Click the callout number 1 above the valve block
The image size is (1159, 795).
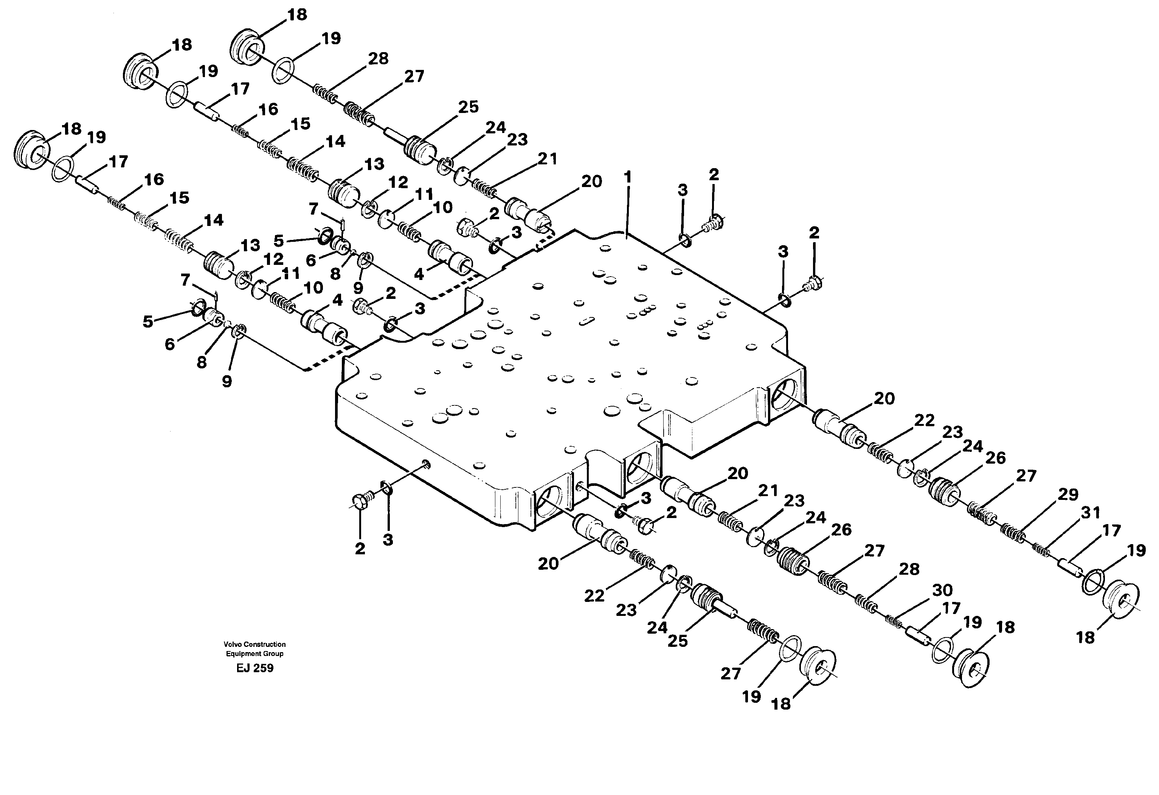tap(627, 177)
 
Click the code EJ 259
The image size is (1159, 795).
tap(255, 668)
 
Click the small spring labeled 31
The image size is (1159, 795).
tap(1041, 549)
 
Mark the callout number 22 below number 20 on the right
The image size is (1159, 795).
tap(924, 420)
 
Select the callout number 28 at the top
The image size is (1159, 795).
tap(378, 59)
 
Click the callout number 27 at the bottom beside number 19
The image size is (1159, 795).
tap(731, 674)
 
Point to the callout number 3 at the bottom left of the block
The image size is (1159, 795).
tap(388, 540)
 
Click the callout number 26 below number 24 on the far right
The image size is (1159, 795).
tap(995, 458)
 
